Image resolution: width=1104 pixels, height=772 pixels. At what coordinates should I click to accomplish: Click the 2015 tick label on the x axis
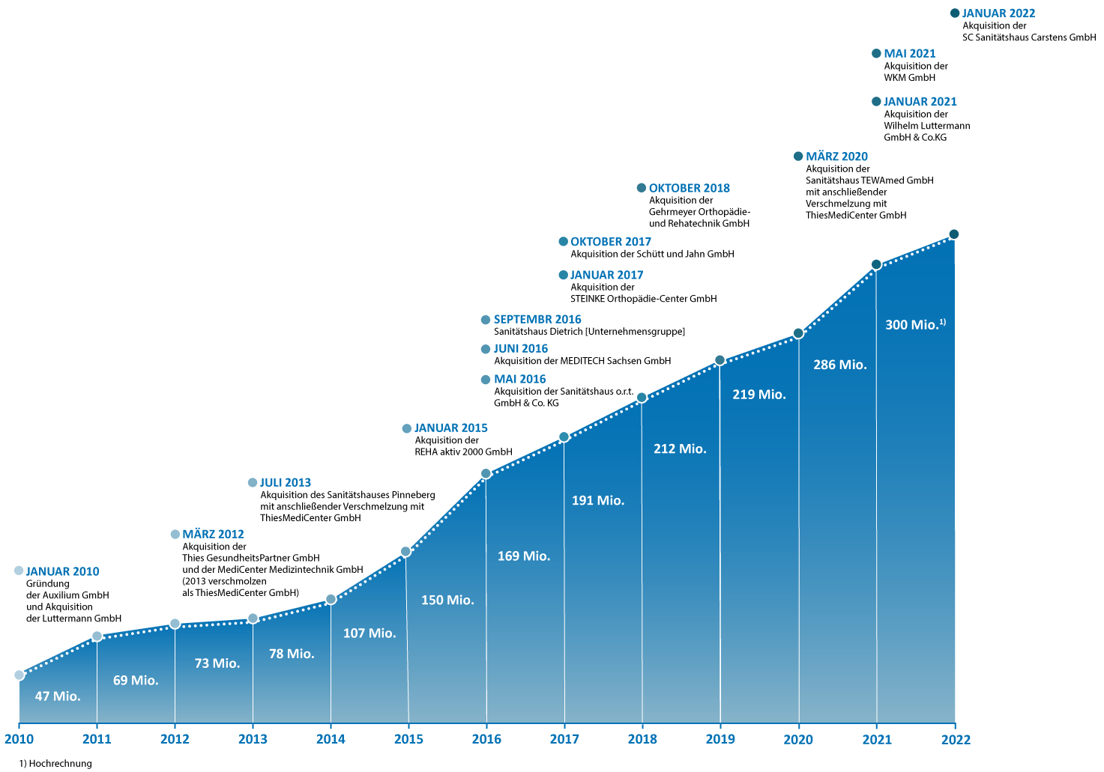tap(408, 740)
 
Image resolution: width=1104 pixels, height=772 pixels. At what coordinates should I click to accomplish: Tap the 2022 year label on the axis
tap(956, 740)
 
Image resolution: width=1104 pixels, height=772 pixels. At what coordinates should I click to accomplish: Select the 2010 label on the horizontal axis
tap(19, 740)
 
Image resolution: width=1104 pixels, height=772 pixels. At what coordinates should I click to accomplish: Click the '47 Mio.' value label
tap(58, 696)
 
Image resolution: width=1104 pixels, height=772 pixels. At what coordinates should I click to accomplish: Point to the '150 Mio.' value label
tap(447, 601)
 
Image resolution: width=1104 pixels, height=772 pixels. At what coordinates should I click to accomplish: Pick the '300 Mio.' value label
tap(912, 325)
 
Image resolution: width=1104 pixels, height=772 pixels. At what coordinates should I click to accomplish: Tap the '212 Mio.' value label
tap(680, 449)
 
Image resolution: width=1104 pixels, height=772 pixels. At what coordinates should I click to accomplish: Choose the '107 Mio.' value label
tap(369, 633)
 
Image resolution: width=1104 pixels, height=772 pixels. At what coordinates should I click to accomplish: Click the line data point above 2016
tap(486, 473)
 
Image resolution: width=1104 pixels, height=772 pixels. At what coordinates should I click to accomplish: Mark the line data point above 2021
tap(876, 264)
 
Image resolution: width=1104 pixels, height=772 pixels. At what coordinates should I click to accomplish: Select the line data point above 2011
tap(97, 636)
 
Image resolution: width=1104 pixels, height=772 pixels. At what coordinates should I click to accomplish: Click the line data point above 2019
tap(720, 360)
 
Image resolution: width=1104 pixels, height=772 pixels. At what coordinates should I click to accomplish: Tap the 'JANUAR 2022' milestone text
tap(998, 13)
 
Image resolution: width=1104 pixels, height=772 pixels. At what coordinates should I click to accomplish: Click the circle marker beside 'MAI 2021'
tap(876, 53)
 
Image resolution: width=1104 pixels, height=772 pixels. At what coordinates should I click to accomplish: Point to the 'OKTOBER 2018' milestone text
tap(690, 189)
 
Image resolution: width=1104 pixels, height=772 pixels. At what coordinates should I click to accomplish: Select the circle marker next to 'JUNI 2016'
tap(486, 349)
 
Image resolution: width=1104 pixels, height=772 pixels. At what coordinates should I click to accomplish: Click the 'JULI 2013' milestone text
tap(286, 483)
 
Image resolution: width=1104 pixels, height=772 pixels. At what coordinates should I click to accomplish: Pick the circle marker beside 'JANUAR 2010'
tap(19, 571)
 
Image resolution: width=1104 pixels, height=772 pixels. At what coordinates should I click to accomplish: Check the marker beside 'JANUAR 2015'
tap(406, 428)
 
